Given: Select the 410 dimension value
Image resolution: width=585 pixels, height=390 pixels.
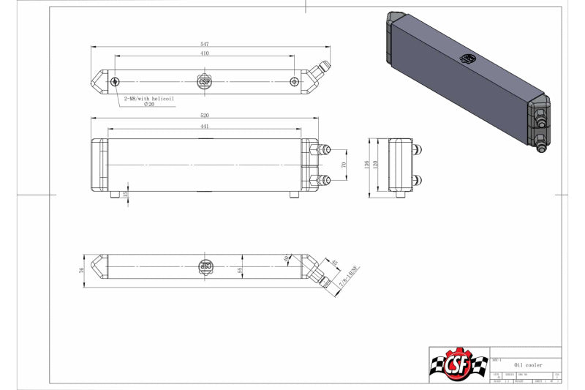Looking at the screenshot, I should tap(204, 54).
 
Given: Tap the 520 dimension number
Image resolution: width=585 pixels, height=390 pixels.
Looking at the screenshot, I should tap(205, 116).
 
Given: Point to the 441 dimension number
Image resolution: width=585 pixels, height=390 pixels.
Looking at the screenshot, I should tap(204, 127).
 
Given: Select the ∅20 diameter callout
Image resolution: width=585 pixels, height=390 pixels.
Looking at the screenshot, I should tap(149, 105).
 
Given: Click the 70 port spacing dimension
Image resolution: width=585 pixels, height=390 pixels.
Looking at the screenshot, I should tap(344, 166).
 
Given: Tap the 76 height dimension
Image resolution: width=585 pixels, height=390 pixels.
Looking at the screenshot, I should tap(83, 270).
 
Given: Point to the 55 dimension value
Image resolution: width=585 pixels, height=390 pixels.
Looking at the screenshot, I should tap(240, 270).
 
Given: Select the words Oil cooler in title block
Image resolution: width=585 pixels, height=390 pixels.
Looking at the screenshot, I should tap(528, 364).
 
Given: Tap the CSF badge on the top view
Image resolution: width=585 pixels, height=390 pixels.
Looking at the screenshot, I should tap(205, 81).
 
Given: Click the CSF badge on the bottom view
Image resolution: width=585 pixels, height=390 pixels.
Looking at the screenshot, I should tap(205, 268).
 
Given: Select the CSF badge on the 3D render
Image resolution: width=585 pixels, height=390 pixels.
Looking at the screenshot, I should tap(466, 59).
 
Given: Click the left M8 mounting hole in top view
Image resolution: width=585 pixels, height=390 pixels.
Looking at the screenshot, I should tap(116, 81).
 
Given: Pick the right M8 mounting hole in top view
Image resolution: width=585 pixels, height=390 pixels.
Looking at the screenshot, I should tap(294, 81).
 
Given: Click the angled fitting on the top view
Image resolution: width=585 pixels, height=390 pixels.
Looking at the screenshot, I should tap(320, 72).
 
